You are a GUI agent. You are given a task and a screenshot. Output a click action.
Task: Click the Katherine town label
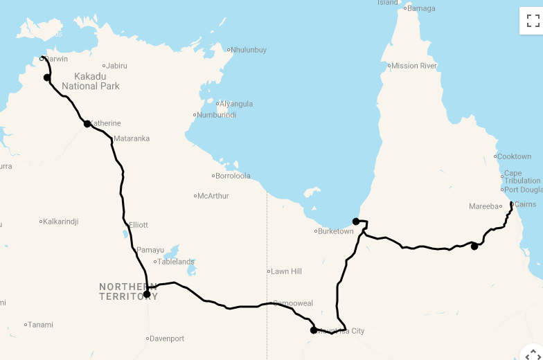tap(105, 123)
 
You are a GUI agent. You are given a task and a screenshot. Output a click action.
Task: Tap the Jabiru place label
tap(116, 66)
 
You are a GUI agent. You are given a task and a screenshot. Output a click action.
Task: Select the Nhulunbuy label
tap(249, 50)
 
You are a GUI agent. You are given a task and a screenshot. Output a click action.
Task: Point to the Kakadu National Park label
tap(91, 81)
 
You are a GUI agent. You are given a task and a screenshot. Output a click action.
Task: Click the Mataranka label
tap(132, 138)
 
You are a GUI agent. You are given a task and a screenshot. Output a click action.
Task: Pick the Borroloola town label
tap(233, 176)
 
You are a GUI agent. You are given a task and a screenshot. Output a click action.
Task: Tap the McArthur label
tap(213, 196)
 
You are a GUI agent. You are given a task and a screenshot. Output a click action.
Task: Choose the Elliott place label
tap(139, 225)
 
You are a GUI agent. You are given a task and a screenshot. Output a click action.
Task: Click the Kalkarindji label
tap(60, 222)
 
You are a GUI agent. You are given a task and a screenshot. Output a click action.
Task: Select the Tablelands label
tap(176, 262)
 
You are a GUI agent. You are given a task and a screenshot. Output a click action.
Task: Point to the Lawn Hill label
tap(286, 271)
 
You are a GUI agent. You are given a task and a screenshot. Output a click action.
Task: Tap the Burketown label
tap(336, 231)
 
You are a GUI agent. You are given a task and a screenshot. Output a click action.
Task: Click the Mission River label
tap(414, 66)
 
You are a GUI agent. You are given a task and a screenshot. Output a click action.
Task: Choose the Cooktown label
tap(514, 156)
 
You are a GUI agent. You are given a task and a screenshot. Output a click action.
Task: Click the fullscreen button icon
tap(533, 20)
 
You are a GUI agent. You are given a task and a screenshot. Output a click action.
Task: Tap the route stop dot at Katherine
tap(87, 124)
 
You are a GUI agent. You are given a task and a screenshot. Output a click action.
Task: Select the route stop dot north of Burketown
tap(356, 222)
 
